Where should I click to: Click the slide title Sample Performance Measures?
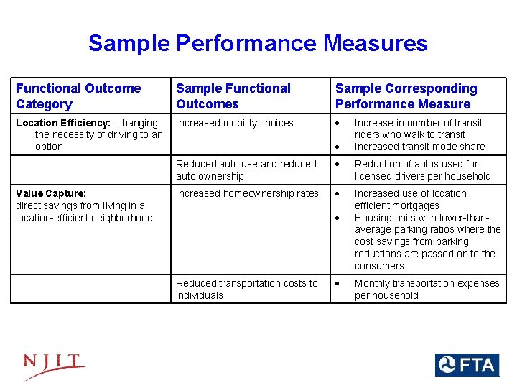coord(258,44)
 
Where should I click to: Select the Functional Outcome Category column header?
coord(78,96)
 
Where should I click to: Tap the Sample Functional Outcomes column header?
coord(233,96)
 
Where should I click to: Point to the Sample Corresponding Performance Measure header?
coord(406,96)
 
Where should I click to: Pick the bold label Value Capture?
coord(51,193)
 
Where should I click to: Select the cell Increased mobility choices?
coord(235,123)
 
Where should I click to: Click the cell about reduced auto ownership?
coord(246,170)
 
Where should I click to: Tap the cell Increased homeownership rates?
coord(247,193)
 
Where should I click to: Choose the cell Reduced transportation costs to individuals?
coord(246,289)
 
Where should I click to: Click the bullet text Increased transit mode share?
coord(419,147)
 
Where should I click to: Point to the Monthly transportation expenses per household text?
coord(427,289)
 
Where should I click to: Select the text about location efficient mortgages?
coord(410,200)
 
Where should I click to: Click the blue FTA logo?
coord(466,365)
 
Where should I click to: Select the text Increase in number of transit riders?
coord(419,129)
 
